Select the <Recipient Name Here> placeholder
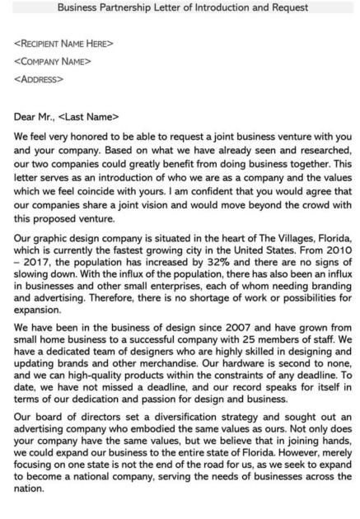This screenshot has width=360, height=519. tap(63, 44)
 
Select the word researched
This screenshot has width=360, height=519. tap(321, 150)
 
